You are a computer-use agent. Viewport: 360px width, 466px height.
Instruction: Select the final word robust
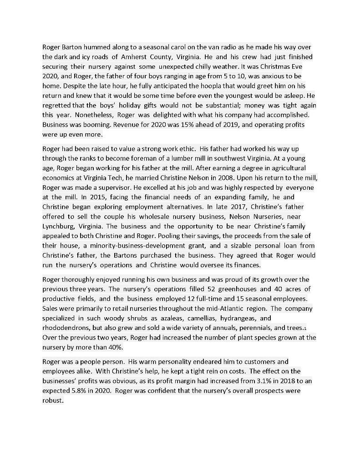pos(51,401)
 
